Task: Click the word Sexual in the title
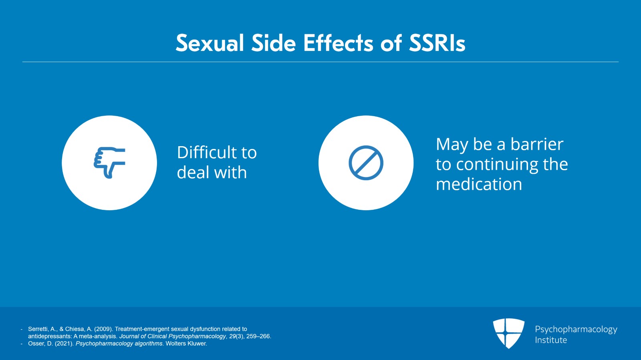coord(210,43)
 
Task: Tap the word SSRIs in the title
coord(437,43)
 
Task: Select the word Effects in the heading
coord(339,43)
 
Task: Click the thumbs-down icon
coord(109,163)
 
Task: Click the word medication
coord(479,184)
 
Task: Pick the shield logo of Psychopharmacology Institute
coord(509,333)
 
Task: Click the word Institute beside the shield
coord(551,340)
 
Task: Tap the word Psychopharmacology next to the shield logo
coord(576,330)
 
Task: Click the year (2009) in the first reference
coord(103,329)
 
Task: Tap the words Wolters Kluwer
coord(186,344)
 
